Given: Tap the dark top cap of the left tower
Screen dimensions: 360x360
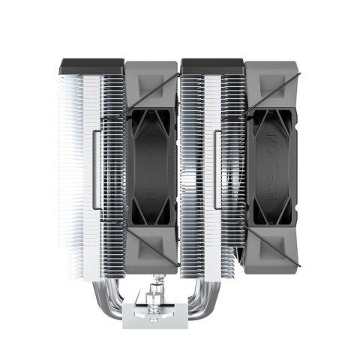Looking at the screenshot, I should [90, 67].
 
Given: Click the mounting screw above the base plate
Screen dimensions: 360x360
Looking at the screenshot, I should [159, 289].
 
